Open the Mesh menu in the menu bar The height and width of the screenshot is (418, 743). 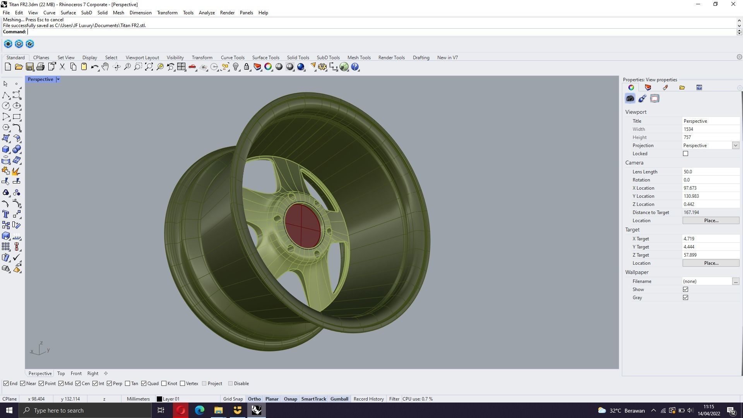pyautogui.click(x=118, y=13)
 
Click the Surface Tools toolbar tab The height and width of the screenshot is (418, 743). pyautogui.click(x=265, y=58)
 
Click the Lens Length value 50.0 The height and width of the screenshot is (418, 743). pyautogui.click(x=710, y=172)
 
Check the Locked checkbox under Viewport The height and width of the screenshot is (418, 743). pyautogui.click(x=685, y=154)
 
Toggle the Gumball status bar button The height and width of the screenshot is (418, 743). pyautogui.click(x=339, y=399)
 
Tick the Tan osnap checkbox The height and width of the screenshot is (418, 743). pyautogui.click(x=128, y=384)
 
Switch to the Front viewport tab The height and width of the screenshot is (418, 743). pyautogui.click(x=76, y=373)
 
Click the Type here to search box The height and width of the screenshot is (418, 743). pyautogui.click(x=85, y=410)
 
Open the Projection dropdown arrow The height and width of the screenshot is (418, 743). pyautogui.click(x=735, y=146)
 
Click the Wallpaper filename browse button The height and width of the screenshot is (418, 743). pyautogui.click(x=735, y=281)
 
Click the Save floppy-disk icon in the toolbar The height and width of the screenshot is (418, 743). pyautogui.click(x=29, y=67)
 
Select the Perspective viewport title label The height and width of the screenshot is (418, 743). pyautogui.click(x=40, y=79)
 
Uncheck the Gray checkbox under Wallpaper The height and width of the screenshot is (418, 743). pyautogui.click(x=685, y=298)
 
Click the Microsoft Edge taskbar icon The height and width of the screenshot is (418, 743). pyautogui.click(x=199, y=410)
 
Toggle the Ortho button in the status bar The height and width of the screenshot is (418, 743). pyautogui.click(x=254, y=399)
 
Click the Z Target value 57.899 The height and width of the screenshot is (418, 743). pyautogui.click(x=710, y=255)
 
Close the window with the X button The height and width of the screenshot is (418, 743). pyautogui.click(x=733, y=4)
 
